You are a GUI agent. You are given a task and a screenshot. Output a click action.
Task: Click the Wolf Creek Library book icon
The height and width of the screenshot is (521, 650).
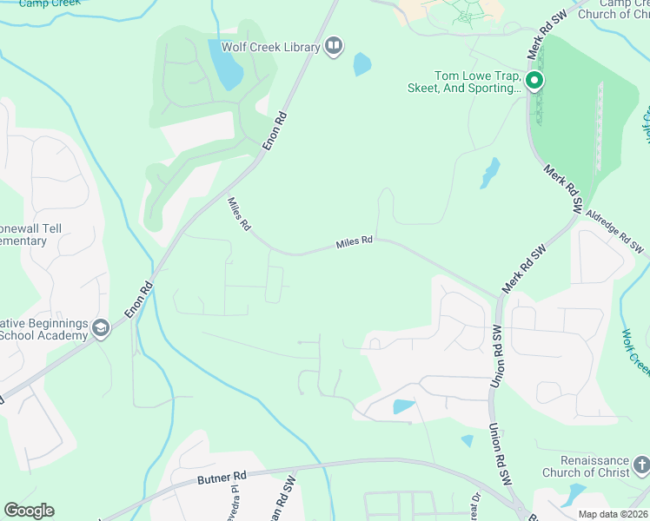click(334, 46)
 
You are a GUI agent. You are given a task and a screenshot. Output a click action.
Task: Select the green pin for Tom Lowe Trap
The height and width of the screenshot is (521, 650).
click(534, 82)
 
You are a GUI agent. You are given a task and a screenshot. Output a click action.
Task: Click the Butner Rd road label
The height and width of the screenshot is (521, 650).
click(222, 476)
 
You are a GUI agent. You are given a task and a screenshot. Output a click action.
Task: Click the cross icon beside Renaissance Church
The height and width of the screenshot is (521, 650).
click(640, 466)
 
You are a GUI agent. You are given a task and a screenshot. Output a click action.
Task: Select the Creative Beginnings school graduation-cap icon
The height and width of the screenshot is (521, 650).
click(101, 328)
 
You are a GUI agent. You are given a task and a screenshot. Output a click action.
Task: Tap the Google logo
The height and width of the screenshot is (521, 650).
click(29, 510)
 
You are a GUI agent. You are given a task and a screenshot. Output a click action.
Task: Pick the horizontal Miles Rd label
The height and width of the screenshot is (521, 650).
click(355, 243)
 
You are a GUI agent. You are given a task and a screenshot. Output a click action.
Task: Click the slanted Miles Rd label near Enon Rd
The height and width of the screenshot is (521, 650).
click(239, 214)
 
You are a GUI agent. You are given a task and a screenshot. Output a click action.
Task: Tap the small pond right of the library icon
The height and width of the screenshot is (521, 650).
click(361, 64)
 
